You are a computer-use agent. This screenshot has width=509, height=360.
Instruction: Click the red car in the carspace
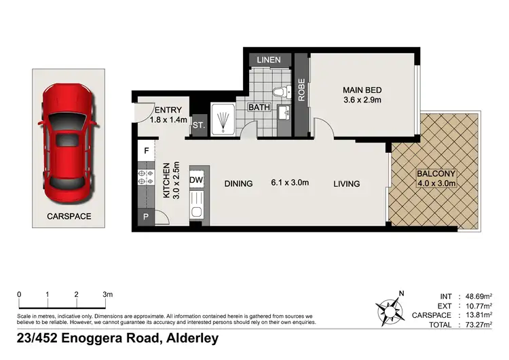click(69, 143)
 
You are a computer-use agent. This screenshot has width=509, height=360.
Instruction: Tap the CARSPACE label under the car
click(69, 216)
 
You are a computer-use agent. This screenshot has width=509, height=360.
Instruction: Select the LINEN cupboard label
click(269, 60)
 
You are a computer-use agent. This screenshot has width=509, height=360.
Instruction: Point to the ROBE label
click(302, 91)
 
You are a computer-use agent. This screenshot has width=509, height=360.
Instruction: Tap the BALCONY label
click(436, 173)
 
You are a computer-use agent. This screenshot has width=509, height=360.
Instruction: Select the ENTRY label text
click(168, 111)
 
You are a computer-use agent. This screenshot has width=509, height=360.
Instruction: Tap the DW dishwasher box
click(195, 180)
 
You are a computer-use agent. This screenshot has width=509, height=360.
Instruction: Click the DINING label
click(238, 183)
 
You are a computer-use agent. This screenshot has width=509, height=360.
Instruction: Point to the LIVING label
click(346, 183)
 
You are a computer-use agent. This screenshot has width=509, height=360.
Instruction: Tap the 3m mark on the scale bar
click(107, 294)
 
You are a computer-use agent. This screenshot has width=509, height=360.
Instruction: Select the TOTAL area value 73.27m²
click(474, 325)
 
